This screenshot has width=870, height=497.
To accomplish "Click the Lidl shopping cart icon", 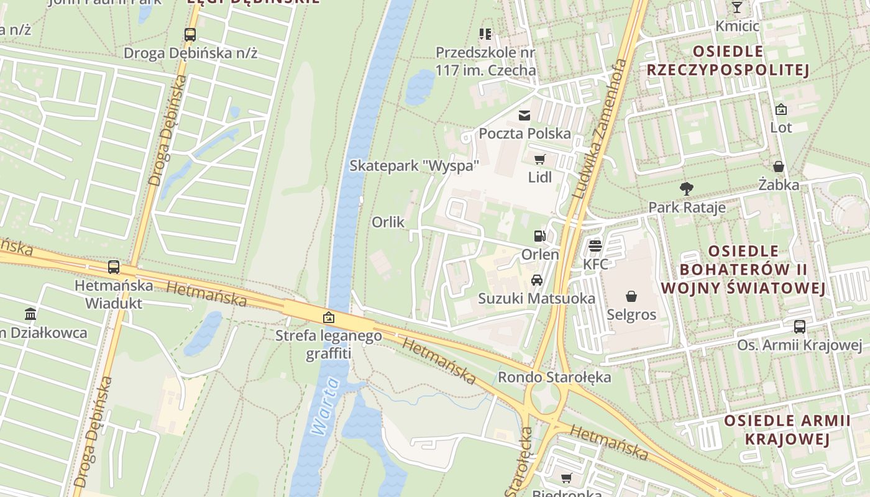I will [x=539, y=159].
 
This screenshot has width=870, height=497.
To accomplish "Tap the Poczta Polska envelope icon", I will [x=525, y=115].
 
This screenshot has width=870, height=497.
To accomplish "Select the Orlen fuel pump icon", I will [x=539, y=236].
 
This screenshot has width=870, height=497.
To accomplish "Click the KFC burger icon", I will [x=595, y=245].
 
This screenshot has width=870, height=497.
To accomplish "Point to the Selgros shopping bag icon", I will [x=631, y=296].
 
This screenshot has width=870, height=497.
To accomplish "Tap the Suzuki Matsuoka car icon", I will [x=537, y=280].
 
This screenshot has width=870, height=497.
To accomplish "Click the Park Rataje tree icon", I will [x=687, y=188].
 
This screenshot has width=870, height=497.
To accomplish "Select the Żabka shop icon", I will [x=778, y=166].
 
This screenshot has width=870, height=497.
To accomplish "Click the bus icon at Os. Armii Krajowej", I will [x=800, y=327].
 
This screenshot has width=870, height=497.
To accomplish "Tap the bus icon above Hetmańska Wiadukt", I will [x=114, y=267].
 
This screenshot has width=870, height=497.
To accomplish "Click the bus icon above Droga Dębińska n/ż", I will [x=190, y=35].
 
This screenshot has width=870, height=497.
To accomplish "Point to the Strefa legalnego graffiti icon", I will [x=329, y=318].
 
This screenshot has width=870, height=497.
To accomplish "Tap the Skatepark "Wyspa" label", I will [x=414, y=166].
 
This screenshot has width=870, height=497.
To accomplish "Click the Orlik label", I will [x=388, y=222].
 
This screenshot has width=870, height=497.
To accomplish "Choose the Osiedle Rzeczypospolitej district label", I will [x=728, y=60].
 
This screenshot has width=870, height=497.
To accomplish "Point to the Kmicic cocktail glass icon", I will [x=737, y=7].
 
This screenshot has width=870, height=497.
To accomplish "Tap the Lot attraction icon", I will [x=781, y=109].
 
